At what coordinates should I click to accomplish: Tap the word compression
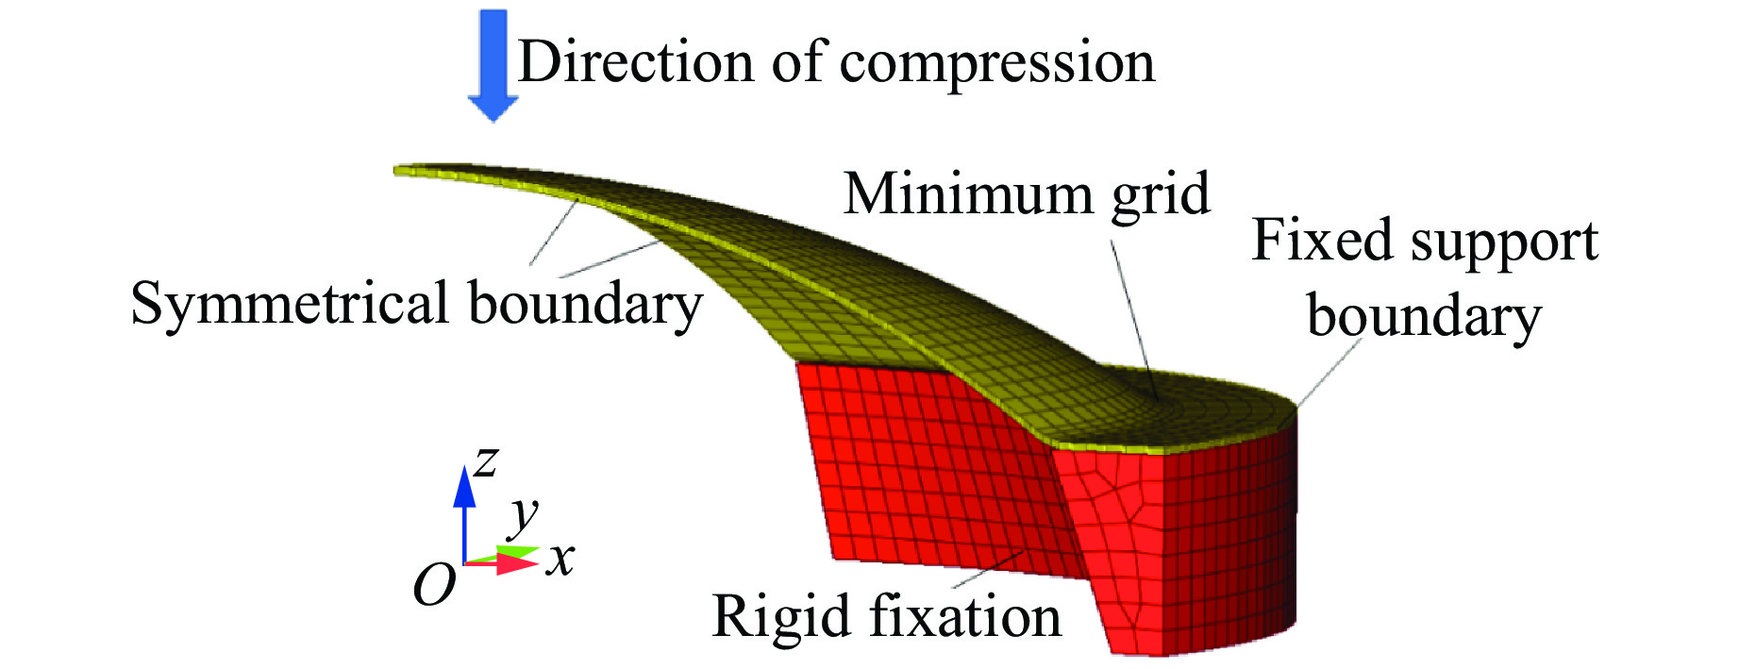pyautogui.click(x=996, y=64)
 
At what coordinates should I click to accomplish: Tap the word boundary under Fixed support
pyautogui.click(x=1424, y=315)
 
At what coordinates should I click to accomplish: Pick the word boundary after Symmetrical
pyautogui.click(x=585, y=304)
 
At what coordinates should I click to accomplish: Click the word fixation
pyautogui.click(x=965, y=616)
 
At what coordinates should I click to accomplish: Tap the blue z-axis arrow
pyautogui.click(x=463, y=510)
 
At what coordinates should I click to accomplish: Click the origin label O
pyautogui.click(x=434, y=586)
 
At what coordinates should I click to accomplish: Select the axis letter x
pyautogui.click(x=560, y=559)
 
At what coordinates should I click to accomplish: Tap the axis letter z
pyautogui.click(x=485, y=461)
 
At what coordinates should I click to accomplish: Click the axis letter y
pyautogui.click(x=523, y=515)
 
